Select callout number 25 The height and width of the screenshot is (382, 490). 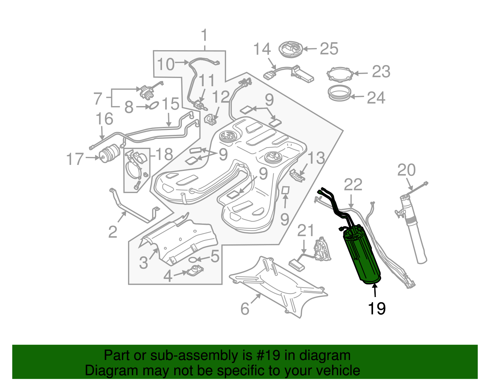pyautogui.click(x=329, y=49)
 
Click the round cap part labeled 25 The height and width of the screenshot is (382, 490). pyautogui.click(x=291, y=49)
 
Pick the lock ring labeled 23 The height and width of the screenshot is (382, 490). pyautogui.click(x=340, y=74)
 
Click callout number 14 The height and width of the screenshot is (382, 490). pyautogui.click(x=262, y=50)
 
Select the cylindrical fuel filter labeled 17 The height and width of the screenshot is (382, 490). pyautogui.click(x=110, y=154)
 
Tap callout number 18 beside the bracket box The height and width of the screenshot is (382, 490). pyautogui.click(x=164, y=154)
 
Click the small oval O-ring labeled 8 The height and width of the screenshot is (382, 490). pyautogui.click(x=153, y=106)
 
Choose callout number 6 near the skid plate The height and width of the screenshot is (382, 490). pyautogui.click(x=245, y=309)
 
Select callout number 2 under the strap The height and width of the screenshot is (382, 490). pyautogui.click(x=113, y=232)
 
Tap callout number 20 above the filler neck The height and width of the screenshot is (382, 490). pyautogui.click(x=406, y=170)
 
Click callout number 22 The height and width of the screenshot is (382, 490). pyautogui.click(x=353, y=185)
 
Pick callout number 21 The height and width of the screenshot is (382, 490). pyautogui.click(x=306, y=231)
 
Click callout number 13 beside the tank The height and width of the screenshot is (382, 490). pyautogui.click(x=316, y=158)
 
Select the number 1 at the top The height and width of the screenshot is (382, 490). pyautogui.click(x=204, y=36)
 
